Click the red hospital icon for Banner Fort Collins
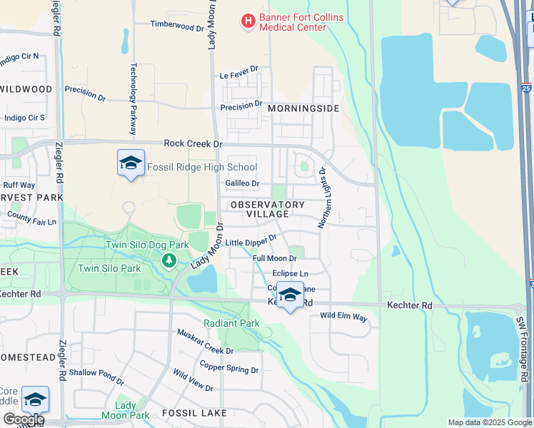point(248,21)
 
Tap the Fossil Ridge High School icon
point(131,164)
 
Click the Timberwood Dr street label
point(177,25)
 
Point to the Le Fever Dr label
point(238,73)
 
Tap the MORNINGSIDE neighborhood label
point(303,109)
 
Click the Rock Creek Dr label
point(193,143)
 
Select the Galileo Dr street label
point(242,183)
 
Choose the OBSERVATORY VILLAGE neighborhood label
point(268,209)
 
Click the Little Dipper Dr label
point(251,242)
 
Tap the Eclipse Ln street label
point(290,274)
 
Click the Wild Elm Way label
point(343,315)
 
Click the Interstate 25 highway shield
point(526,88)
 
